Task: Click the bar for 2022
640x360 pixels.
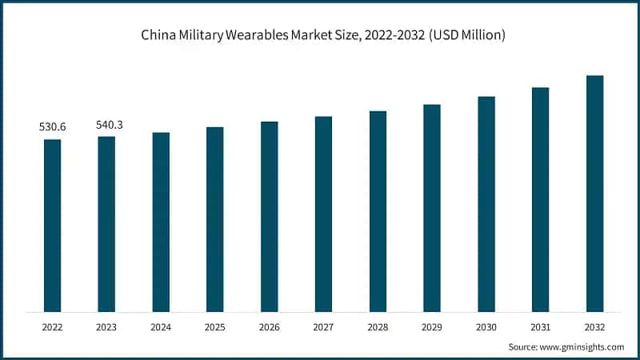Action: tap(52, 225)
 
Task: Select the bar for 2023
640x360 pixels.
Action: tap(106, 223)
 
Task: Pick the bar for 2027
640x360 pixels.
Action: tap(323, 214)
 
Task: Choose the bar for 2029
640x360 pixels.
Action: tap(432, 207)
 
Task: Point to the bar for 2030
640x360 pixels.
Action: tap(486, 203)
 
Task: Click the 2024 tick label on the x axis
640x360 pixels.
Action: tap(161, 326)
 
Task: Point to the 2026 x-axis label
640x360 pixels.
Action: tap(270, 326)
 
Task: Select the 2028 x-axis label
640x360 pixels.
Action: tap(378, 326)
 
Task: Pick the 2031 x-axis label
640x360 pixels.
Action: tap(540, 326)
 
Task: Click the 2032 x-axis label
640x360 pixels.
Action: tap(594, 326)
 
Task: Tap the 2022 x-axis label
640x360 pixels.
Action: tap(52, 326)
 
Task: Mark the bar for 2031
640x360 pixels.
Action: tap(541, 199)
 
